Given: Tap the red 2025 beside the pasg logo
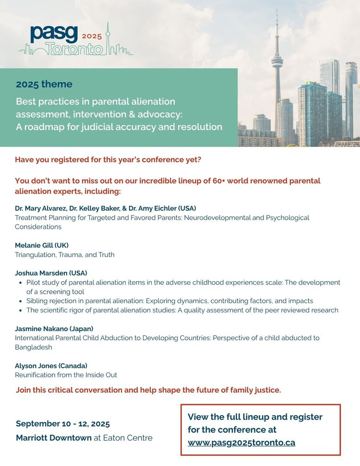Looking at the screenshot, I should coord(92,36).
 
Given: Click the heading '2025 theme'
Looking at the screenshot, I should coord(44,84).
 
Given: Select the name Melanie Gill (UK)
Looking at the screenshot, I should coord(42,245).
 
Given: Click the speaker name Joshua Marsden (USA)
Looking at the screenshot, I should coord(51,273).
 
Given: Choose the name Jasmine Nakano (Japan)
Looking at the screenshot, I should coord(54,328).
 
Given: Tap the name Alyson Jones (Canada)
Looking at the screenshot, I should coord(51,365).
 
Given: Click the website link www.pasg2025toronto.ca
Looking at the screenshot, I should coord(241,442).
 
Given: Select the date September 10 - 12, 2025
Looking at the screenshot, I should coord(63,424).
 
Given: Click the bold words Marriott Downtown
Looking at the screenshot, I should coord(54,438).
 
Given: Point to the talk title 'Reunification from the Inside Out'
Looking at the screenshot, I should coord(66,375).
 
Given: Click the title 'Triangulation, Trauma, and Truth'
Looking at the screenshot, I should coord(65,255).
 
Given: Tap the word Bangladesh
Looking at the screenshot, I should coord(34,347).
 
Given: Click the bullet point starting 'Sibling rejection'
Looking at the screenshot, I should coord(169,301).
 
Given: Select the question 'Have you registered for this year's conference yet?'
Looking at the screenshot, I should coord(108,160).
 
